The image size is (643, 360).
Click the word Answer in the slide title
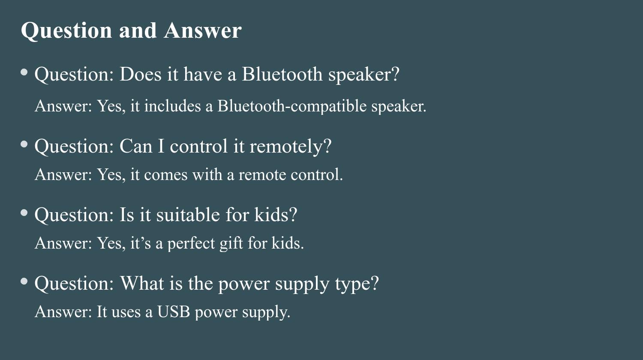pyautogui.click(x=203, y=30)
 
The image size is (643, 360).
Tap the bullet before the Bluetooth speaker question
pyautogui.click(x=24, y=72)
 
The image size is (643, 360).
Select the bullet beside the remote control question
pyautogui.click(x=24, y=144)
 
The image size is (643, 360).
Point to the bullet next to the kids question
pyautogui.click(x=24, y=213)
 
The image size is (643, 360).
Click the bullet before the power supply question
pyautogui.click(x=24, y=281)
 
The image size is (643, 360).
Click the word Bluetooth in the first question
pyautogui.click(x=282, y=74)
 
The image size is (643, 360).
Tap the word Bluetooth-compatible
pyautogui.click(x=292, y=106)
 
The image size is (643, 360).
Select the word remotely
pyautogui.click(x=291, y=147)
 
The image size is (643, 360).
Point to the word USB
pyautogui.click(x=173, y=312)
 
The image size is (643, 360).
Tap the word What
pyautogui.click(x=142, y=283)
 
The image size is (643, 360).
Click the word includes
pyautogui.click(x=172, y=106)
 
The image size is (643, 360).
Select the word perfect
pyautogui.click(x=191, y=244)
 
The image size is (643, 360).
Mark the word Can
pyautogui.click(x=136, y=146)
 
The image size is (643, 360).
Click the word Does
pyautogui.click(x=140, y=74)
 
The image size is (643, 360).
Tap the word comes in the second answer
pyautogui.click(x=165, y=175)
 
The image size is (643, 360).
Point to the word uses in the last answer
pyautogui.click(x=126, y=312)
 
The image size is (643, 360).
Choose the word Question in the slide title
pyautogui.click(x=66, y=31)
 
